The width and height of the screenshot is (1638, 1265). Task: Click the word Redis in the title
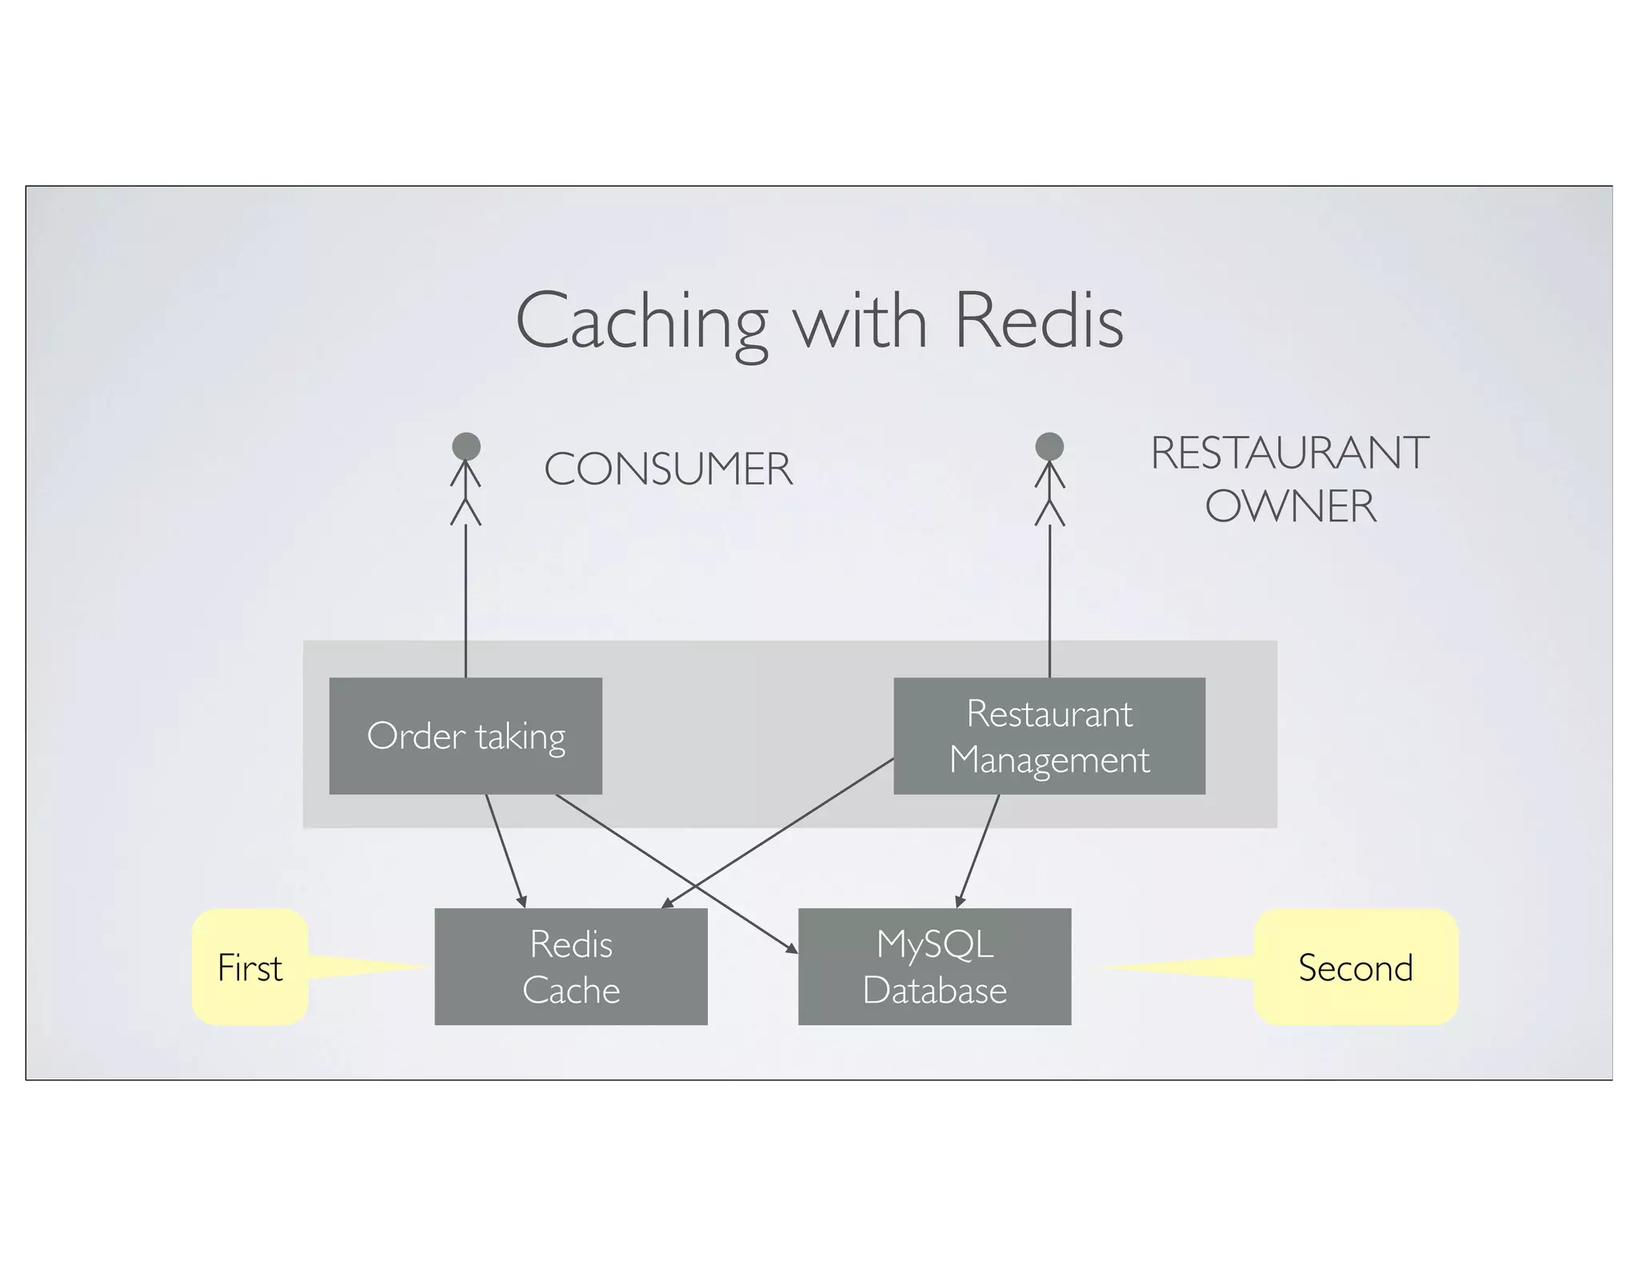1039,321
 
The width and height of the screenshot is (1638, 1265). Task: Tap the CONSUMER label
668,469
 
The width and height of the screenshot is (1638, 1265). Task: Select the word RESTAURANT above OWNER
1289,453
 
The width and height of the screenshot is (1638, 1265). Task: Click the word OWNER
1290,506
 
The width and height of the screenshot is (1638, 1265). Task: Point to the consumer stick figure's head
466,446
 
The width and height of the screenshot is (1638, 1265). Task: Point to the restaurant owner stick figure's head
1049,446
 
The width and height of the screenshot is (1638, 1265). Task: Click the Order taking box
465,736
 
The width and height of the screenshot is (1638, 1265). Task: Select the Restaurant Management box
1049,736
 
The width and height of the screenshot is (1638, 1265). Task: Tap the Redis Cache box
570,966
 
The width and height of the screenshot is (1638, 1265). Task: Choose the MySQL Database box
934,966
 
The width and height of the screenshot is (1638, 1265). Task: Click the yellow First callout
250,968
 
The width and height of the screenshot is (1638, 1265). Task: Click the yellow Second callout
1356,968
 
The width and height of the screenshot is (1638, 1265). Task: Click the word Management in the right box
1049,760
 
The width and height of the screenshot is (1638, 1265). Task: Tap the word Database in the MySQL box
934,991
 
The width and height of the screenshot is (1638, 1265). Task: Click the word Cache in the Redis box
571,991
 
